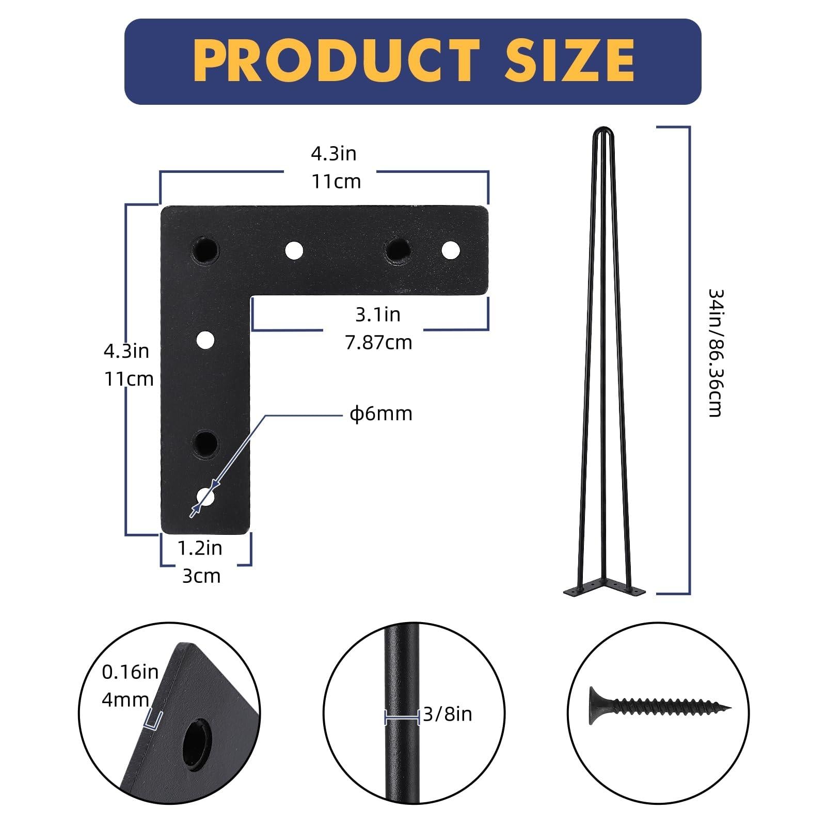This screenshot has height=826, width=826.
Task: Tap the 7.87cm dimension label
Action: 379,343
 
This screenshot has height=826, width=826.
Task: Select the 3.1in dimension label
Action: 378,314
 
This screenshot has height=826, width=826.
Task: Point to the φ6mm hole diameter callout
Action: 381,414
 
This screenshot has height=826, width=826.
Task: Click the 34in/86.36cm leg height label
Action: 716,353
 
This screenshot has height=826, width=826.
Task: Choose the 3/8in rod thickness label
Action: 448,714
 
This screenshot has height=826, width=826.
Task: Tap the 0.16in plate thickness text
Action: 130,672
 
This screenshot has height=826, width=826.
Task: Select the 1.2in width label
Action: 200,548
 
